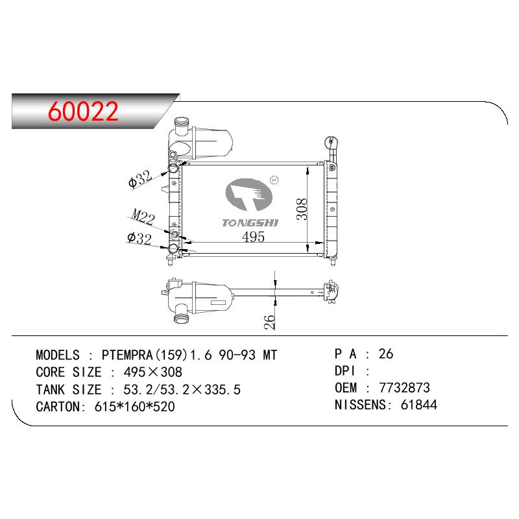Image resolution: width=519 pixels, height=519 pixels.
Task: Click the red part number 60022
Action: tap(83, 111)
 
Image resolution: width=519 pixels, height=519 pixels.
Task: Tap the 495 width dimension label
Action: tap(253, 237)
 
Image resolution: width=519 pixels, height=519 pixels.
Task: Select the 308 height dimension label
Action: tap(302, 209)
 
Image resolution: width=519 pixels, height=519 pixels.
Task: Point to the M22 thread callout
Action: tap(143, 217)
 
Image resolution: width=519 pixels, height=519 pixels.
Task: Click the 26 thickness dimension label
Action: tap(269, 322)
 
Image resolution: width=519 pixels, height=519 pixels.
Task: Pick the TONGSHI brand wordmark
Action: tap(250, 223)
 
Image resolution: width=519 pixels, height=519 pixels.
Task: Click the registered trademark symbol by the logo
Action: tap(274, 180)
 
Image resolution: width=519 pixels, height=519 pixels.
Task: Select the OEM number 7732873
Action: tap(404, 387)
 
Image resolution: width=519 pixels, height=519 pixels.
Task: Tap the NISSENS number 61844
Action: tap(418, 404)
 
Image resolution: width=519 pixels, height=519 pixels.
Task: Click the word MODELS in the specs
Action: tap(58, 355)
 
